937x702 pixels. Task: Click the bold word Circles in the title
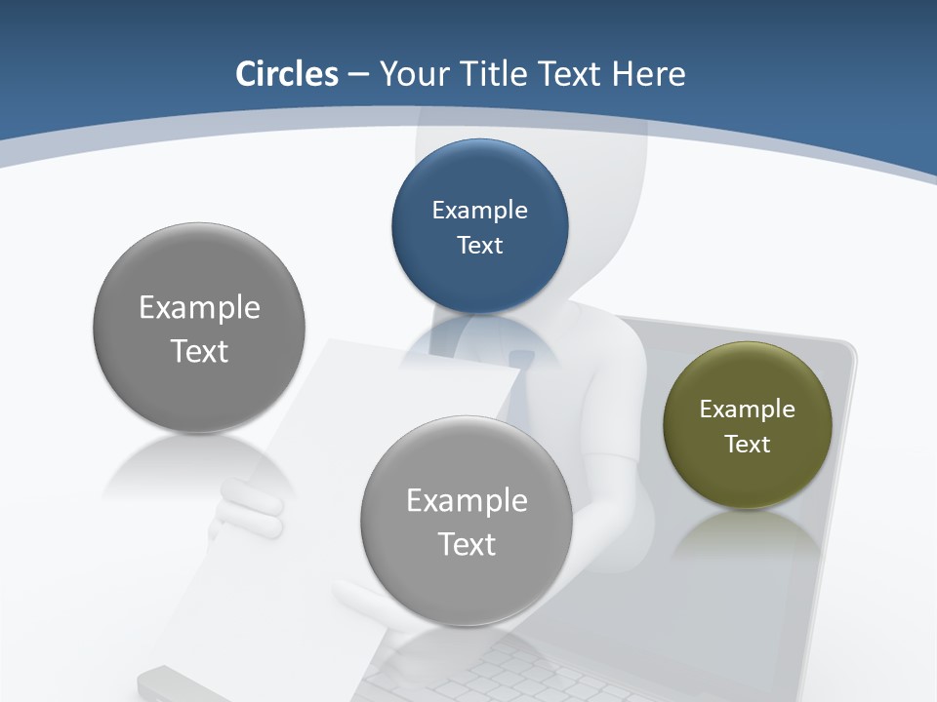click(287, 74)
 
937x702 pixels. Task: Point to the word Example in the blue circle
click(479, 210)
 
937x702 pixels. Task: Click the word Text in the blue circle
click(479, 245)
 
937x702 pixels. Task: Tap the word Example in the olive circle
click(747, 409)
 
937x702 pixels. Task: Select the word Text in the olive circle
click(747, 444)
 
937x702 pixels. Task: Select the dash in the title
click(357, 74)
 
